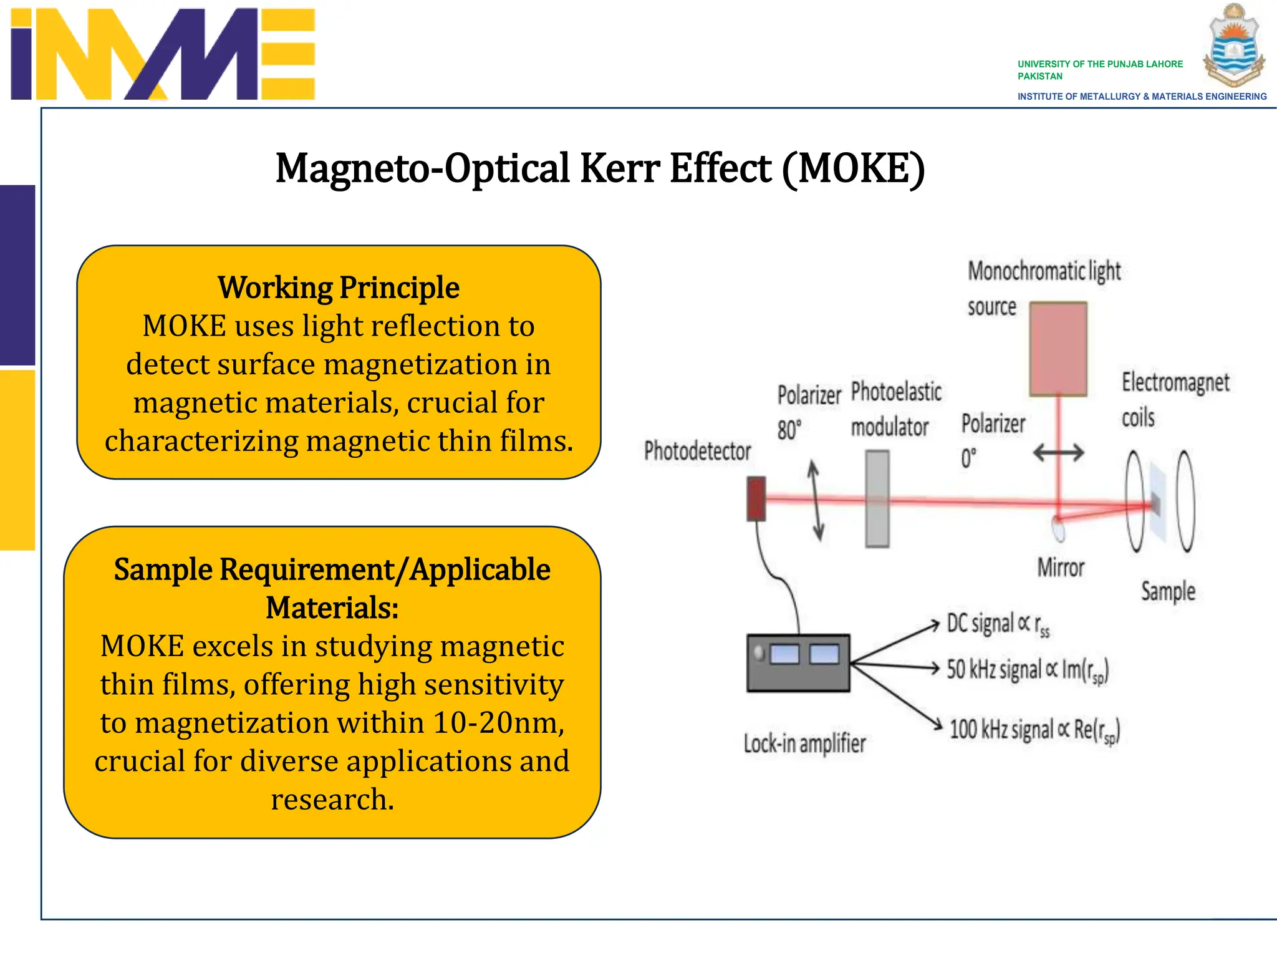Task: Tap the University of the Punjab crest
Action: pos(1233,45)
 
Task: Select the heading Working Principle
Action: pos(339,288)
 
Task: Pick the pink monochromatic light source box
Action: pos(1058,349)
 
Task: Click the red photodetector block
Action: pos(756,498)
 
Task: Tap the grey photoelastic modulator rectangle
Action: pos(877,499)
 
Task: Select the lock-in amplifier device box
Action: pos(798,663)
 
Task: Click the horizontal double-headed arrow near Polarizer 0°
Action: pos(1058,453)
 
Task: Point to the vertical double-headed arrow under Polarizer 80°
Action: pos(816,500)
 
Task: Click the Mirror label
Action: pos(1061,568)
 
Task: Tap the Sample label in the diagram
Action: pos(1168,591)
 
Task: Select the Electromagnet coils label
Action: pos(1175,399)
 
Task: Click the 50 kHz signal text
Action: pos(1027,670)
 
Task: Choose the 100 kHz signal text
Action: pos(1034,730)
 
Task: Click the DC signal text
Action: pos(998,624)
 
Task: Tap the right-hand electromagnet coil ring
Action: pos(1185,501)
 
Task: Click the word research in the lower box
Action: pos(332,799)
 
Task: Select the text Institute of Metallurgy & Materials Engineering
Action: pos(1142,97)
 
